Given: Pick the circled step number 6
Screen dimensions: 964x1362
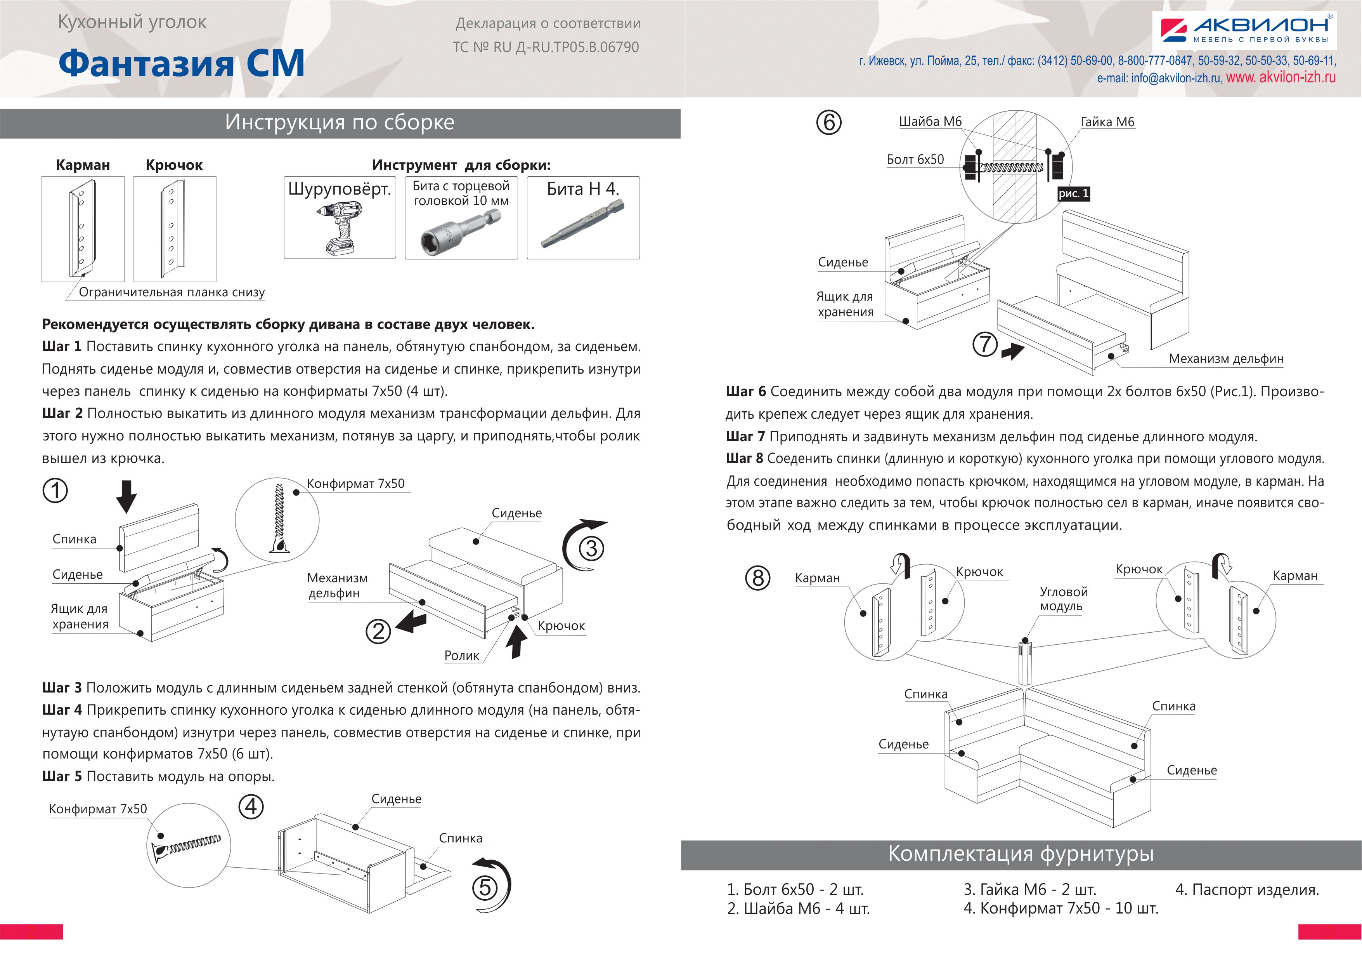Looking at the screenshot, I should click(829, 122).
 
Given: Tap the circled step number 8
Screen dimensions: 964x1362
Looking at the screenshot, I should click(757, 578).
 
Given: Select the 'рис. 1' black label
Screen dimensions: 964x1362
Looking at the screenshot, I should click(1073, 193).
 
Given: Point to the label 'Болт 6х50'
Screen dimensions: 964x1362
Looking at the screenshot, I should click(915, 160).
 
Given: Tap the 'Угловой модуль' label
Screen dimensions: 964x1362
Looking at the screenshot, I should click(1064, 599).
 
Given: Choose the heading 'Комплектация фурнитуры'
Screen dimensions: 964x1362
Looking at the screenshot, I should click(1020, 854).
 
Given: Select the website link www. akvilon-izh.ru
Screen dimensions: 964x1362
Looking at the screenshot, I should click(1281, 77).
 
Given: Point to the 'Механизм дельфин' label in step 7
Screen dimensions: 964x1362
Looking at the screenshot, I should click(1225, 358).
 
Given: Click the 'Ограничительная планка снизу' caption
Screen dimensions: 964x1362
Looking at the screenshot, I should click(172, 292).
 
